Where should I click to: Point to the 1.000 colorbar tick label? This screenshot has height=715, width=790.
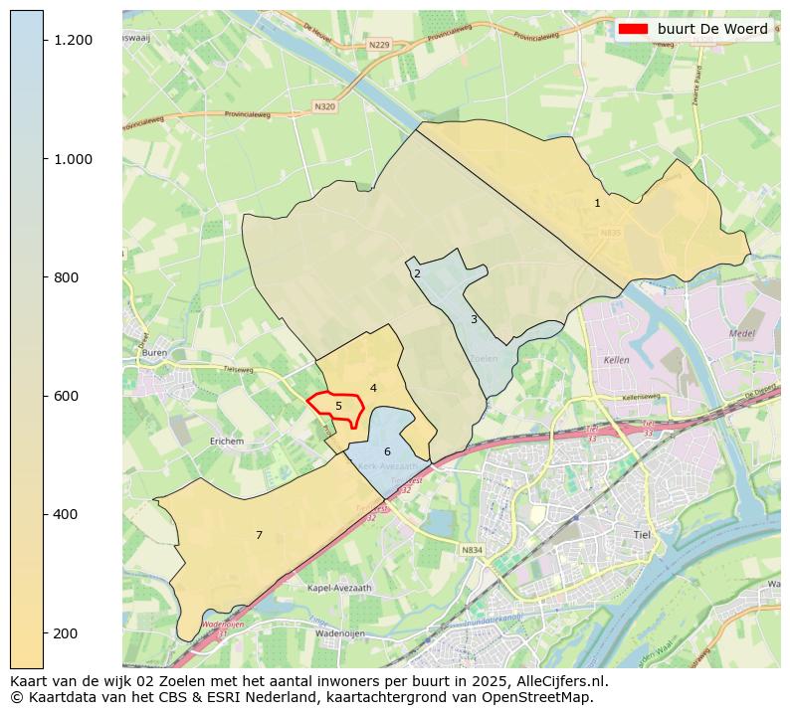[x=74, y=159]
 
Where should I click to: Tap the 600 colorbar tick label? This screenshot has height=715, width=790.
[x=67, y=396]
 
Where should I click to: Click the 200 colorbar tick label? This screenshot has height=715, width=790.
[x=67, y=633]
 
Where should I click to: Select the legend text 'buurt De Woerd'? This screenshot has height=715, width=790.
[x=712, y=29]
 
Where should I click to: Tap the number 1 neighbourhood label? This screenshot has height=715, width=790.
[x=597, y=203]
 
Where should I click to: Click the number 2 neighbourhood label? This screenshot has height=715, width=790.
[x=417, y=273]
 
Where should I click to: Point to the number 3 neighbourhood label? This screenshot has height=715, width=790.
[x=474, y=319]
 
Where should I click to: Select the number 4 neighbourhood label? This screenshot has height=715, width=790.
[x=373, y=388]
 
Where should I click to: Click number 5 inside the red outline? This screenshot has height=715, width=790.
[x=338, y=406]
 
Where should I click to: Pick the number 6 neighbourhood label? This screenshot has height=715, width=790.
[x=387, y=451]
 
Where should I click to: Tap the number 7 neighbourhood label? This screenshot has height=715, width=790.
[x=259, y=535]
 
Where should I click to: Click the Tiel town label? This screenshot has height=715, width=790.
[x=642, y=534]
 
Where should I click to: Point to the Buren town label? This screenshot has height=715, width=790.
[x=154, y=353]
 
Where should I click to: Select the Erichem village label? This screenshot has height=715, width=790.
[x=227, y=441]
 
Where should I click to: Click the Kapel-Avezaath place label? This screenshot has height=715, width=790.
[x=340, y=588]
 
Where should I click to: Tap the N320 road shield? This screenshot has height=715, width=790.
[x=324, y=106]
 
